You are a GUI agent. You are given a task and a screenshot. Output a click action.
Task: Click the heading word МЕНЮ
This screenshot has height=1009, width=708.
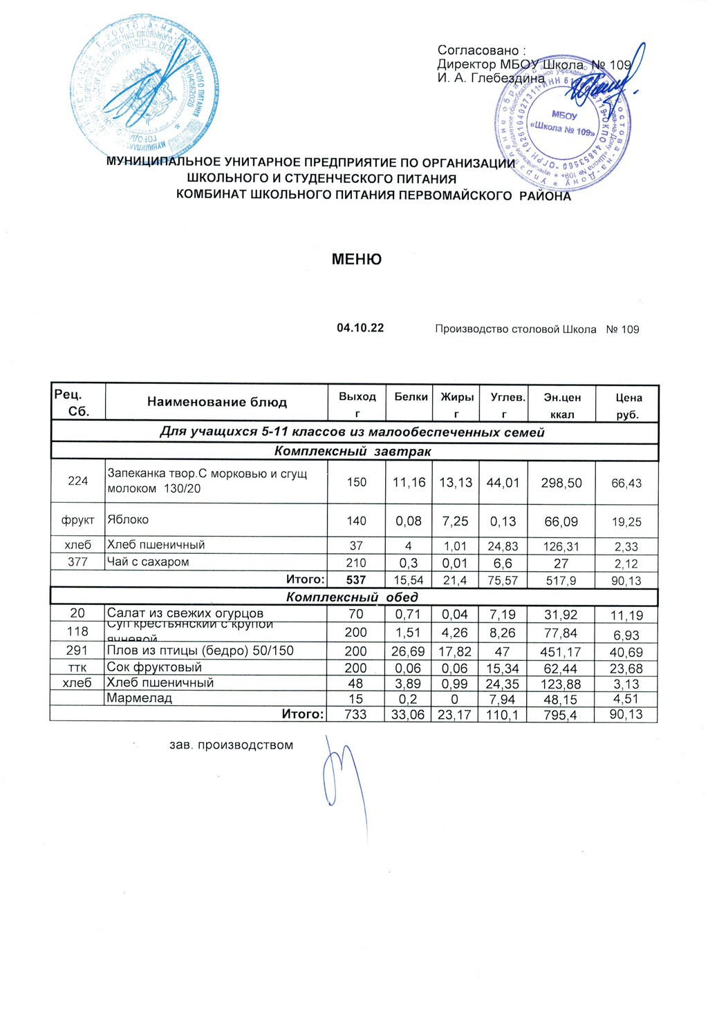click(356, 260)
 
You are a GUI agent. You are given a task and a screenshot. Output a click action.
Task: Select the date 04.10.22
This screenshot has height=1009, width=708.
click(360, 328)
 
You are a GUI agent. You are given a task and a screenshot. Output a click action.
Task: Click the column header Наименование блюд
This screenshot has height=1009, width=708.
click(216, 402)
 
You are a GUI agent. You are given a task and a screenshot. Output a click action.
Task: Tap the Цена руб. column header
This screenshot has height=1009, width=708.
click(628, 406)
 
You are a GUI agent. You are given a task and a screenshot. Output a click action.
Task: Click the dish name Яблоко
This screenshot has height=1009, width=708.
click(128, 519)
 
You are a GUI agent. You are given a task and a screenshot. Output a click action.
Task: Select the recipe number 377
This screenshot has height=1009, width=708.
click(77, 562)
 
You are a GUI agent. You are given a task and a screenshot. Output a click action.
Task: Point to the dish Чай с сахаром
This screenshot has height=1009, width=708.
click(147, 562)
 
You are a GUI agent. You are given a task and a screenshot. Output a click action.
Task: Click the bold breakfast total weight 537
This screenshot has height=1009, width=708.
click(355, 580)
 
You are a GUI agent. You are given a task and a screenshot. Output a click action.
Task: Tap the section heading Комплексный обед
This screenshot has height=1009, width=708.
click(352, 597)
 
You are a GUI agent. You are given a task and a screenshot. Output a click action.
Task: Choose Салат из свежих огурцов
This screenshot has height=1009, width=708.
click(185, 613)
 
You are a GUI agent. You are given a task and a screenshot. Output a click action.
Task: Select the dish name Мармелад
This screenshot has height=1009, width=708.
click(139, 698)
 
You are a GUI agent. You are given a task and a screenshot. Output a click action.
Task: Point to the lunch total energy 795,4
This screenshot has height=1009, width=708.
click(561, 714)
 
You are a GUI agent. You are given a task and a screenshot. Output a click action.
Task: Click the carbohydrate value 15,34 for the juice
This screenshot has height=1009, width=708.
click(504, 669)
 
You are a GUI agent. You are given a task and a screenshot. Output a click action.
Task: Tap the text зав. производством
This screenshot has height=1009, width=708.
click(232, 745)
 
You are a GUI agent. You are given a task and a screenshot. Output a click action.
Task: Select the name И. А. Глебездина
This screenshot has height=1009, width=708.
click(491, 78)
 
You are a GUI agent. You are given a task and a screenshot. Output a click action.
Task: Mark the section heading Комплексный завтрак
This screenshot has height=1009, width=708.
click(352, 452)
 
